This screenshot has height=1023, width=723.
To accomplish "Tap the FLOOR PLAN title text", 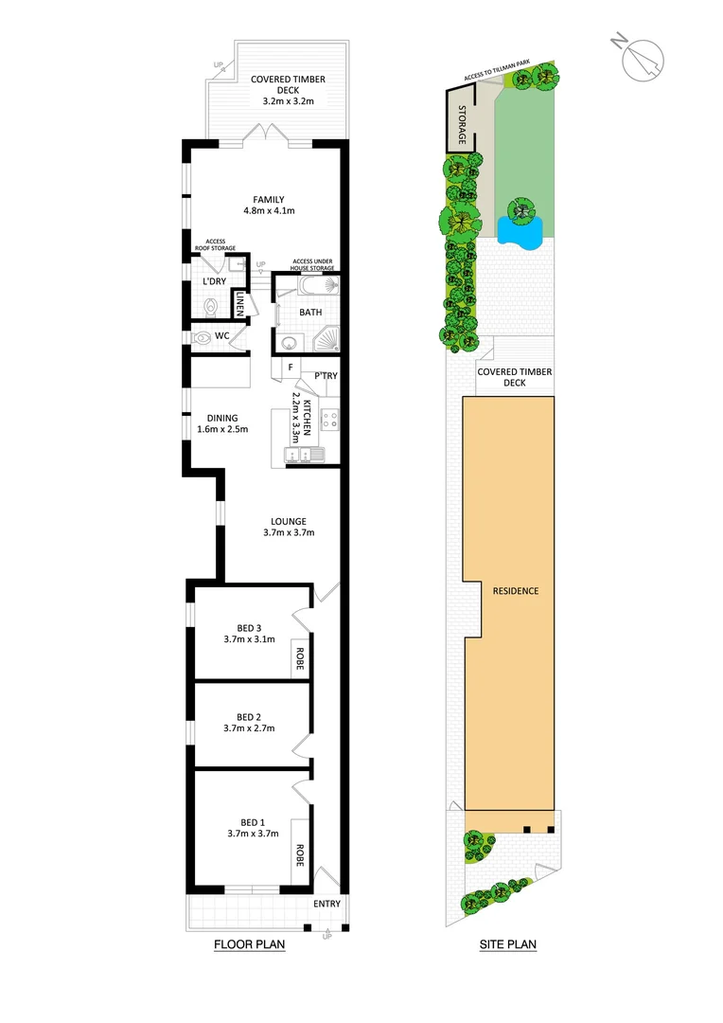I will coord(250,944).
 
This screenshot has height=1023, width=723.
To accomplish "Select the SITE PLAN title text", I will coord(508,944).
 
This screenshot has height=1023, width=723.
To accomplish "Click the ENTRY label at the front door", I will coord(326,904).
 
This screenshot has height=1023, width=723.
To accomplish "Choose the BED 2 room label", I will coord(250,717).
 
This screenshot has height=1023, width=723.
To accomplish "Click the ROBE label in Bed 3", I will coord(300,658).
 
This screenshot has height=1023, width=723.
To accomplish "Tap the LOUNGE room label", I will coord(288,521).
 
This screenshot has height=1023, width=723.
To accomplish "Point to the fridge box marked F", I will coord(288,368).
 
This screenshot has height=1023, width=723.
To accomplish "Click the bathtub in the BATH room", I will coord(309,286).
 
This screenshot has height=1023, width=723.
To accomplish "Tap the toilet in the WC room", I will coord(202,336).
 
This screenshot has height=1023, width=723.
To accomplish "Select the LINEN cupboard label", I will coord(239,305).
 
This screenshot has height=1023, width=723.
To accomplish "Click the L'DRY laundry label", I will coord(215,281).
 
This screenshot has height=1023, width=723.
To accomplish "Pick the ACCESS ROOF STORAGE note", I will coord(215,245).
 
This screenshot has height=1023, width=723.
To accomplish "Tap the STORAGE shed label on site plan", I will coord(463,124).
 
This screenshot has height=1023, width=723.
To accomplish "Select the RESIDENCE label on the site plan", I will coord(516,591).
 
